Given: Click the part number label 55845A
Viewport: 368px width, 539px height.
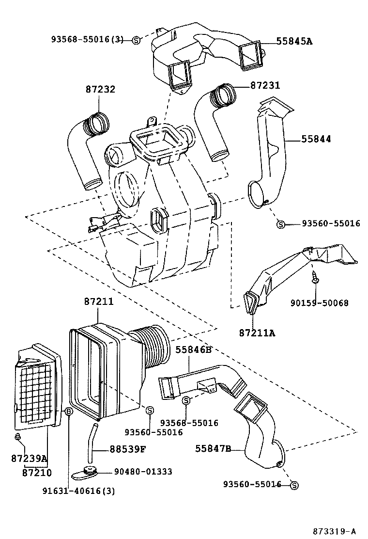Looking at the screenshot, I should [x=294, y=42].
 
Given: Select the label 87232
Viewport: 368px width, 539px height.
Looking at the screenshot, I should [x=100, y=89].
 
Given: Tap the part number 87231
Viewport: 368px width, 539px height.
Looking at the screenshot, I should [x=265, y=85].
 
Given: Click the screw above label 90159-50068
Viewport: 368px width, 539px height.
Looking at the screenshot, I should [x=315, y=280].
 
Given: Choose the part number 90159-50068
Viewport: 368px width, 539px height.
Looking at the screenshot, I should [x=319, y=303].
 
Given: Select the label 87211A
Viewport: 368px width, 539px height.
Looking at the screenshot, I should [x=257, y=333].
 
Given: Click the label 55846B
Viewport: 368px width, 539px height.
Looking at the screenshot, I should [x=194, y=349].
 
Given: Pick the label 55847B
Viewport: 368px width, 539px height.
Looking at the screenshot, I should [x=213, y=449].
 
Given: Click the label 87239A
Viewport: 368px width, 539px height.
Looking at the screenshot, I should [x=29, y=459].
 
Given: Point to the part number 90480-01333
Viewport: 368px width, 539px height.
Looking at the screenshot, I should [x=136, y=472].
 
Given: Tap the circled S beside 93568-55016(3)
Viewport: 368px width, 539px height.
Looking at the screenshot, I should [x=136, y=41].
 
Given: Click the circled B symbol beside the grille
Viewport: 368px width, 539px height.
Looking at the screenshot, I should [x=68, y=412].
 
